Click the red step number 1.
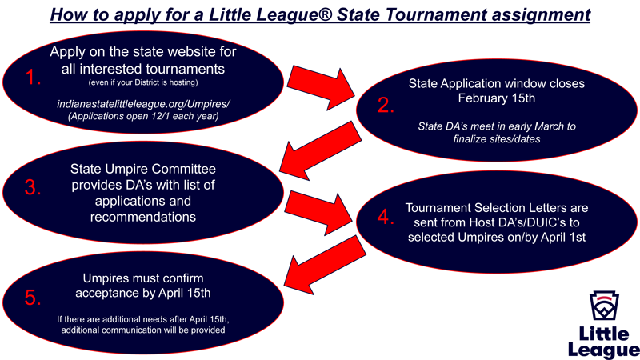[33, 78]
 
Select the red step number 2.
[386, 106]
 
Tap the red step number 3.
[33, 188]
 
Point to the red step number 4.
[386, 218]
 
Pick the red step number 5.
[33, 298]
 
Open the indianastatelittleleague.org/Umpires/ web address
[144, 105]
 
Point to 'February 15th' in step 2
[496, 98]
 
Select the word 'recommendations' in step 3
[144, 216]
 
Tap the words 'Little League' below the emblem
[604, 342]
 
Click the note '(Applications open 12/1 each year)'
[144, 118]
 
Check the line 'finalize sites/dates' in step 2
[496, 139]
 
